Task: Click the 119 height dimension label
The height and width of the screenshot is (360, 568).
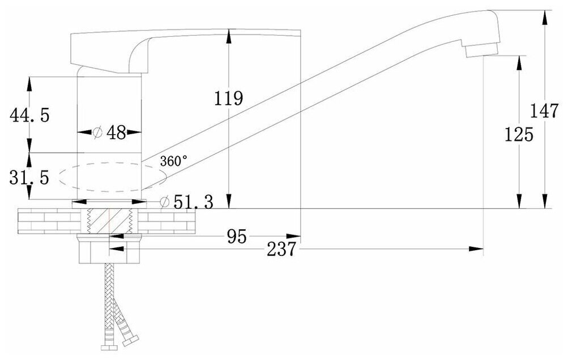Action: point(229,98)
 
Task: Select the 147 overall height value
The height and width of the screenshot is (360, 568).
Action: point(545,110)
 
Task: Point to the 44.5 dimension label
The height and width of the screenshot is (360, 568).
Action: point(29,115)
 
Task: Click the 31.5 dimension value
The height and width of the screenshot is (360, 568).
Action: point(29,178)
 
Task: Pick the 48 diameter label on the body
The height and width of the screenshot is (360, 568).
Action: point(116,132)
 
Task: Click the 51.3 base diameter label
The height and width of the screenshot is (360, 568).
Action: point(193,202)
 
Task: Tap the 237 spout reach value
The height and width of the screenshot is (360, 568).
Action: point(280,249)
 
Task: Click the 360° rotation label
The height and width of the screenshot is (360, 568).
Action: point(173,161)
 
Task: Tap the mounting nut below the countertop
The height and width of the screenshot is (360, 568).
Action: point(108,249)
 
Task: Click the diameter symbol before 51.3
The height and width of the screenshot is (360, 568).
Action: point(165,202)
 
